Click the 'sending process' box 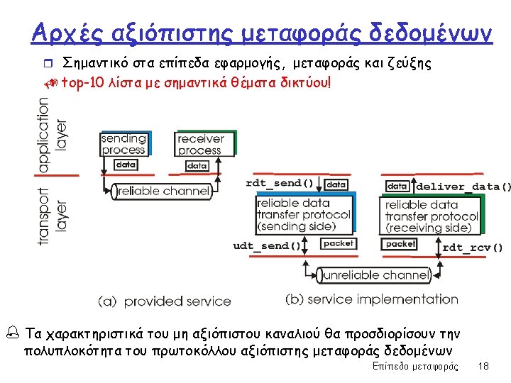[x=123, y=144]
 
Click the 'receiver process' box [x=200, y=145]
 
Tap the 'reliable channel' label [x=163, y=191]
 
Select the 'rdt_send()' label [x=280, y=183]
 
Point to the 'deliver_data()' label [x=463, y=187]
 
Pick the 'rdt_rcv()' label [x=473, y=248]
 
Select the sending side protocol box [x=304, y=214]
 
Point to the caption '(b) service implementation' [x=372, y=299]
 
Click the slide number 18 [x=484, y=366]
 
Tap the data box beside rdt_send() [x=336, y=184]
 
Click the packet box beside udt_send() [x=337, y=243]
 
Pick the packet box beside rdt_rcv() [x=400, y=243]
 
